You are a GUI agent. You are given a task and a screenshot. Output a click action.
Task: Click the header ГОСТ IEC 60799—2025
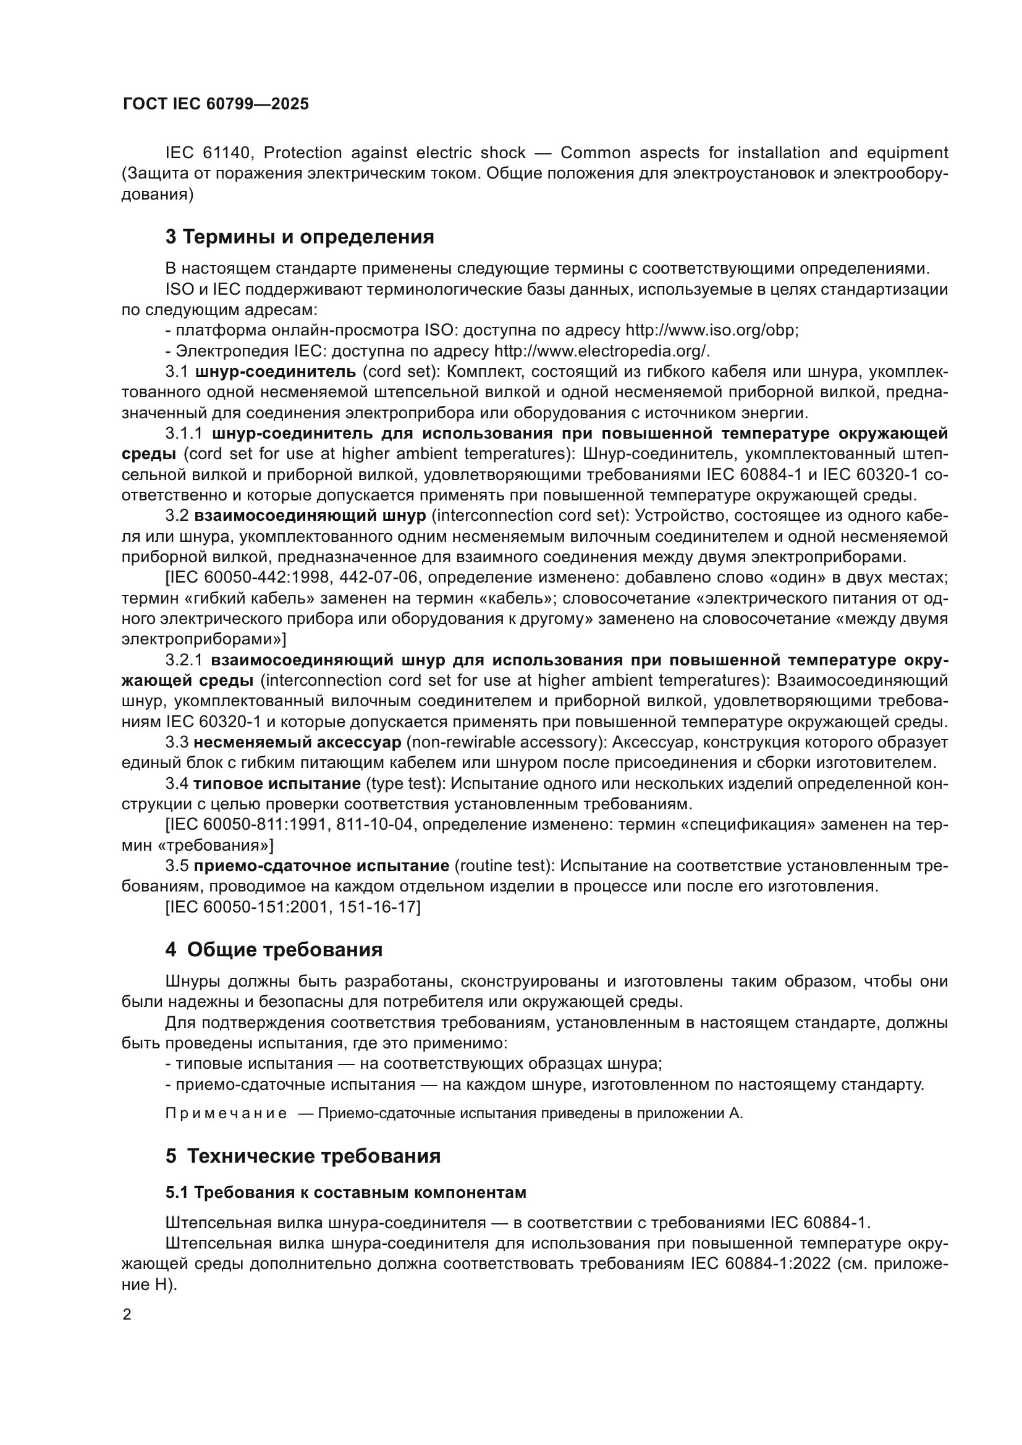click(x=216, y=104)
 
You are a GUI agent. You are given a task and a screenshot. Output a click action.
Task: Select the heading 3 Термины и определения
click(x=300, y=237)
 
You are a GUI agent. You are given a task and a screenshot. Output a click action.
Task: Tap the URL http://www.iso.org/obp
click(x=711, y=331)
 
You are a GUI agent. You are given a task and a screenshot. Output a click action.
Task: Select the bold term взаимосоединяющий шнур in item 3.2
click(x=310, y=516)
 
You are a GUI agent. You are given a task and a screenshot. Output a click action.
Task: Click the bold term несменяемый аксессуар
click(x=297, y=743)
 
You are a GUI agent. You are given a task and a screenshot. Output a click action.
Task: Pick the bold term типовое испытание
click(x=276, y=784)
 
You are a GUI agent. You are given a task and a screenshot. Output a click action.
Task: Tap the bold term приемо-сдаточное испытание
click(x=321, y=866)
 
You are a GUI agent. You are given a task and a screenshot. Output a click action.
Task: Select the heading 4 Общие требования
click(x=274, y=950)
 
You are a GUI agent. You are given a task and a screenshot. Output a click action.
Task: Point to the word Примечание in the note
click(x=226, y=1114)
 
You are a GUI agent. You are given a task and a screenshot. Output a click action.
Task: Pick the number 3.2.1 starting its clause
click(x=184, y=660)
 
